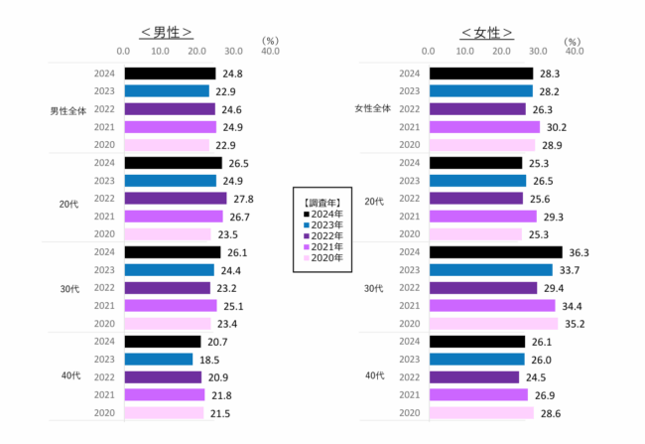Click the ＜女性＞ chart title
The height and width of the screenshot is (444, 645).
click(x=486, y=33)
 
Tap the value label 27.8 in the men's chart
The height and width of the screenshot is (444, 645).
click(x=242, y=199)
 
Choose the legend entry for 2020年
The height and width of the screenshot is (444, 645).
click(x=324, y=258)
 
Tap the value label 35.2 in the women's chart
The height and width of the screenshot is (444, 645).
click(x=575, y=324)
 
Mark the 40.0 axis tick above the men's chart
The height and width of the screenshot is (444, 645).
click(x=270, y=51)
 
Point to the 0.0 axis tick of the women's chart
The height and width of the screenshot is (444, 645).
click(x=429, y=51)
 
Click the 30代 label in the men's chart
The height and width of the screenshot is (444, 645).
click(x=68, y=288)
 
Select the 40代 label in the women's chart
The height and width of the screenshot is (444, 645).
click(x=373, y=377)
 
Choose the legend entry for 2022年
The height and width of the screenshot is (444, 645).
click(x=324, y=234)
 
